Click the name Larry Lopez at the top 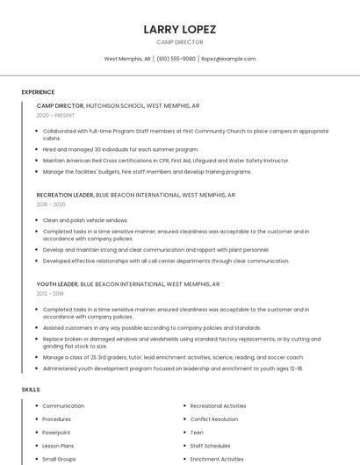(x=179, y=29)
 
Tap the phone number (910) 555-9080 (x=176, y=59)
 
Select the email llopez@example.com (x=227, y=59)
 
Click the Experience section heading (x=38, y=92)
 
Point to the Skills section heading (x=31, y=389)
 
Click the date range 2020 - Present (x=55, y=115)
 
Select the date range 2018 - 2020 (x=51, y=204)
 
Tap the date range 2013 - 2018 (x=50, y=294)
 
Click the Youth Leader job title (x=57, y=284)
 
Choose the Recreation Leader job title (x=65, y=195)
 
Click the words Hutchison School (x=115, y=105)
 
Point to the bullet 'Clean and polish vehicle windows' (x=85, y=220)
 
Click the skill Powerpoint (x=56, y=433)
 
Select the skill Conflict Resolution (x=213, y=419)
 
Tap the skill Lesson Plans (x=59, y=446)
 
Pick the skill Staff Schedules (x=210, y=446)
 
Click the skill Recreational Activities (x=218, y=406)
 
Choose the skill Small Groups (x=59, y=459)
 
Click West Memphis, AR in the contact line (x=127, y=59)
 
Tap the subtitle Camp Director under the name (x=179, y=42)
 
